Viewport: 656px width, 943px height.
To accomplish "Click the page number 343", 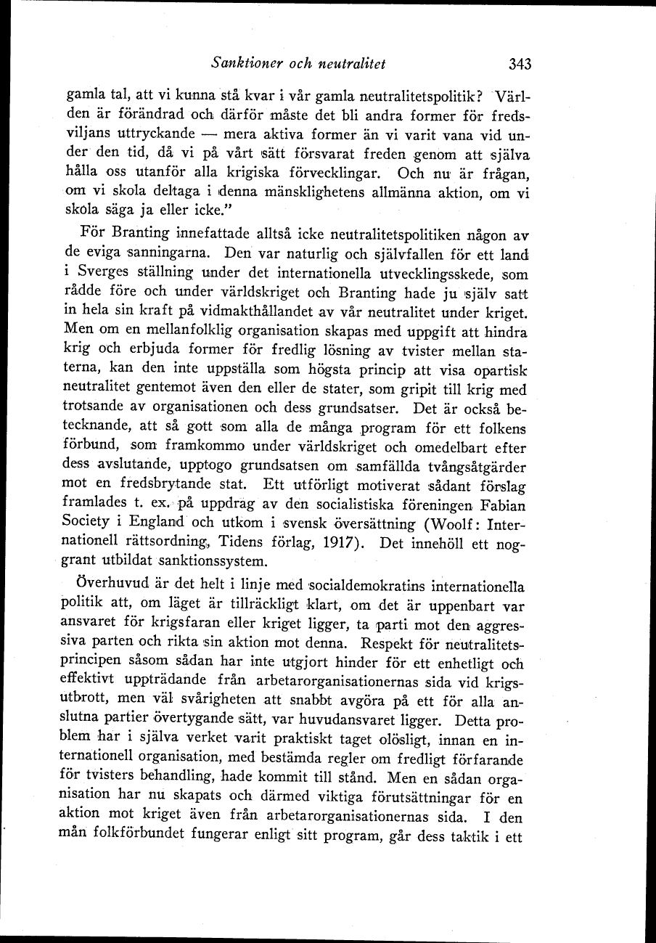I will (520, 64).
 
